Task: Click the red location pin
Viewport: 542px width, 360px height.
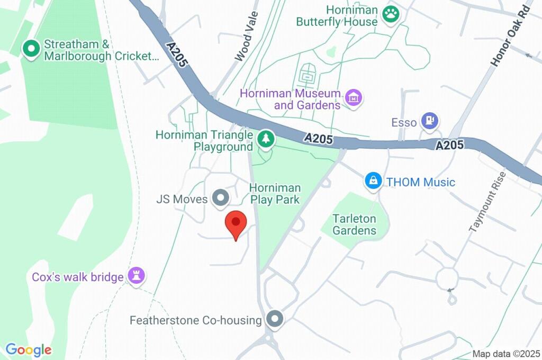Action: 236,224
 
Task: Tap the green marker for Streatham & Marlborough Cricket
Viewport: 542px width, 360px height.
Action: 31,50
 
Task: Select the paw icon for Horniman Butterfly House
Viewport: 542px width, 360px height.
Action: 391,15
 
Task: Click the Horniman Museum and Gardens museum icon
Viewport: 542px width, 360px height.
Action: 354,97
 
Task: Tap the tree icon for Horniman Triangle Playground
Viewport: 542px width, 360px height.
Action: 265,140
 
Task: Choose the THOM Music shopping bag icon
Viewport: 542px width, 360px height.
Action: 374,181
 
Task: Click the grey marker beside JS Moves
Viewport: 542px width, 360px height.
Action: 220,199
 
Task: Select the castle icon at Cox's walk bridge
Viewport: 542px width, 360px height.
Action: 137,275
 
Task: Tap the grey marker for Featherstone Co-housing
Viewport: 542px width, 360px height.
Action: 275,319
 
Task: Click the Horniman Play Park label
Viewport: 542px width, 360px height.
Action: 275,194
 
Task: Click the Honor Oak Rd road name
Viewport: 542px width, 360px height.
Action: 510,36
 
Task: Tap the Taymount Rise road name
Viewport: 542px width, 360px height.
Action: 487,202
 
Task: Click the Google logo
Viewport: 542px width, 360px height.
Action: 29,349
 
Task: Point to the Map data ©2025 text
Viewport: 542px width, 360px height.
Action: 505,354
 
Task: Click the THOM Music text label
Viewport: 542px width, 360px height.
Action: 420,182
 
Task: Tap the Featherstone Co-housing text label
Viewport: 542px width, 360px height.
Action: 196,320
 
